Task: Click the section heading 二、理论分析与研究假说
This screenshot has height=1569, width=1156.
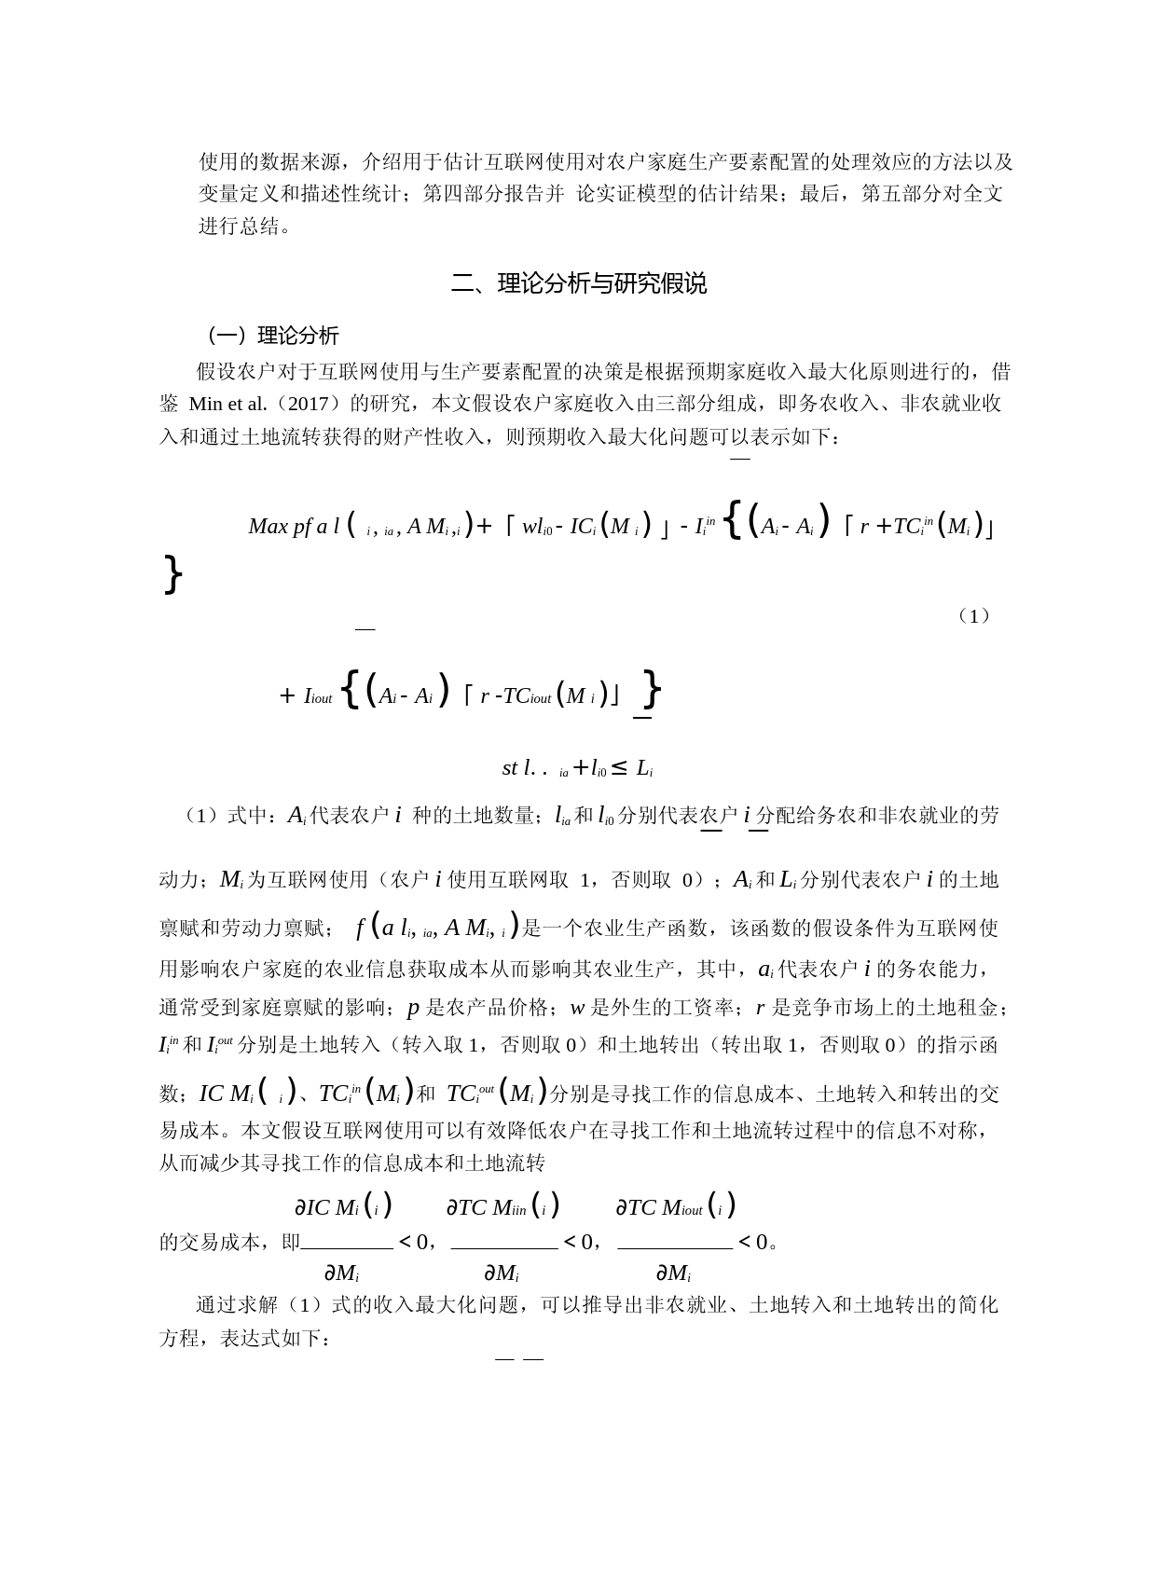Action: (578, 283)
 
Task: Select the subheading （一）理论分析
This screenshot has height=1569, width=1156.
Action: (271, 336)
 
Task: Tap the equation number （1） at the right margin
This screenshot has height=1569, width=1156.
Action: (973, 616)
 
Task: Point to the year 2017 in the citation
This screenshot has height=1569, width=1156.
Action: (306, 405)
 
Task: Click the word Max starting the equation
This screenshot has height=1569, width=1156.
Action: (268, 527)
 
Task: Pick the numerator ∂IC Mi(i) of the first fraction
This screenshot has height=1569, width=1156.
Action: (343, 1207)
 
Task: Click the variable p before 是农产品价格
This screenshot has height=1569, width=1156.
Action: (413, 1009)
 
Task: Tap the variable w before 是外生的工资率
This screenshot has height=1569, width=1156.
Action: (577, 1009)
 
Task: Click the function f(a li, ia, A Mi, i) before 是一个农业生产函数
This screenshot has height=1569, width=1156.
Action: (436, 929)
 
